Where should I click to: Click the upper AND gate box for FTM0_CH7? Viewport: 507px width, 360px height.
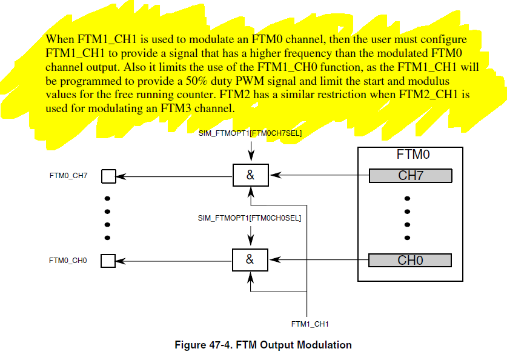pos(250,176)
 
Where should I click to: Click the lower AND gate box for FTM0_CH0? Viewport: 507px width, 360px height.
pos(250,260)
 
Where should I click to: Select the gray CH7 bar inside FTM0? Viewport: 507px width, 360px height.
pos(410,176)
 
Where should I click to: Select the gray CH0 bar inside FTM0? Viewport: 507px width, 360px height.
pos(410,260)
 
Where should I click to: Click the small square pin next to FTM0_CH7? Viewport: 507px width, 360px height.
pos(108,176)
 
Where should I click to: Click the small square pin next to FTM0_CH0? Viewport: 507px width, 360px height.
pos(108,261)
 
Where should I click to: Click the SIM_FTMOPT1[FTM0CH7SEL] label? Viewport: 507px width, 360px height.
pos(250,132)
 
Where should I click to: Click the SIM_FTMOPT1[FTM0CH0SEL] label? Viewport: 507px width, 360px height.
pos(250,217)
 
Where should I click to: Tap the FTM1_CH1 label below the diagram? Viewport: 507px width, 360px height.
pos(310,324)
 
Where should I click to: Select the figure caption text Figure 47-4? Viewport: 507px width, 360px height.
pos(263,345)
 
